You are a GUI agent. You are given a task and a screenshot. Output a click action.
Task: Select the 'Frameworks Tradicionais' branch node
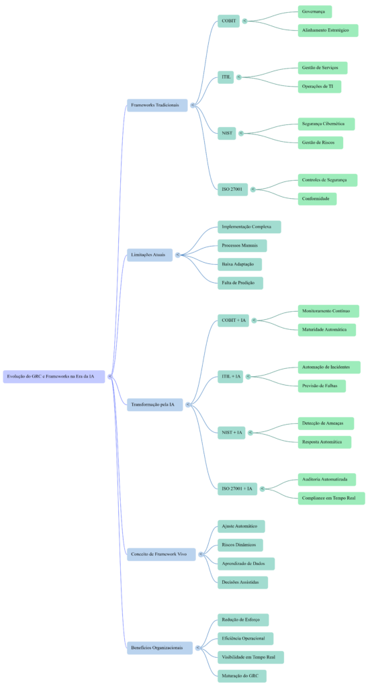tap(156, 105)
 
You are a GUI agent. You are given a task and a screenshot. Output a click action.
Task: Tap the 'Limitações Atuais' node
tap(149, 255)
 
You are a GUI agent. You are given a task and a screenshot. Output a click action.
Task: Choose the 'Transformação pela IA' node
tap(154, 404)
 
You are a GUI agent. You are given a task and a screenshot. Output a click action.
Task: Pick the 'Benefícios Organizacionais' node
tap(159, 648)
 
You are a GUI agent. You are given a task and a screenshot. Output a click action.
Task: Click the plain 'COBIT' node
tap(228, 21)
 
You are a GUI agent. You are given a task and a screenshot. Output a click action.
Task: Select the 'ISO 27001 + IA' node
tap(237, 488)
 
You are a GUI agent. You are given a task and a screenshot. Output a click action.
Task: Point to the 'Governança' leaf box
tap(314, 11)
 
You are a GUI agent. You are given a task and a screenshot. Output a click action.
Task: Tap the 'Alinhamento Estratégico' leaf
tap(328, 30)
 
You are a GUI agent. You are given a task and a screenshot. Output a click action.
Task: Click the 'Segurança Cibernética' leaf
tap(326, 124)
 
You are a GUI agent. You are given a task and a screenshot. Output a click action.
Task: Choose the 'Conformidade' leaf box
tap(317, 199)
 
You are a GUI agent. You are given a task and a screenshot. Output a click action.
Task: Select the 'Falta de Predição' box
tap(240, 283)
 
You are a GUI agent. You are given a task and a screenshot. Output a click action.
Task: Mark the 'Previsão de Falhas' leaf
tap(322, 386)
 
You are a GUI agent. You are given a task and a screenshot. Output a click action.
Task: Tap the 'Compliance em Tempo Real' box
tap(331, 498)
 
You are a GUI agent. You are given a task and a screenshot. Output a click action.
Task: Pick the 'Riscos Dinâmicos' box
tap(240, 545)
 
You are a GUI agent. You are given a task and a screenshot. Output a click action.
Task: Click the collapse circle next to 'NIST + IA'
tap(250, 432)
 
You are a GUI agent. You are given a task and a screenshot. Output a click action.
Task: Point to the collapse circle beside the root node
tap(110, 376)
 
